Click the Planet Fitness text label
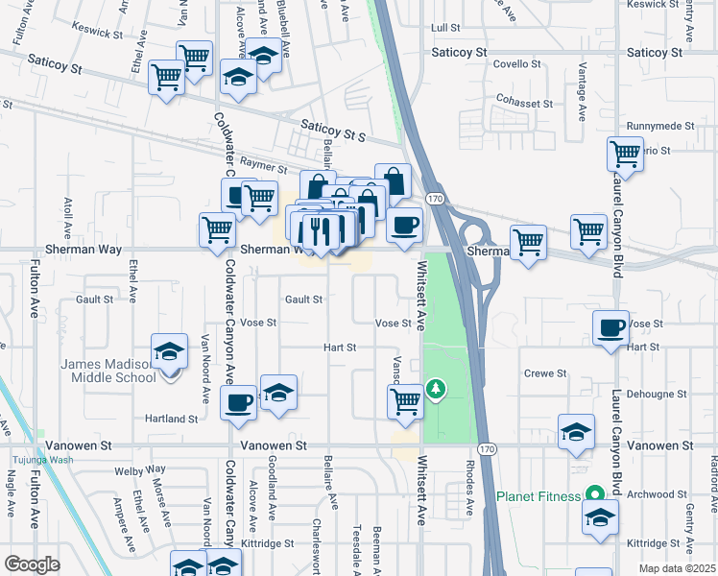tap(538, 496)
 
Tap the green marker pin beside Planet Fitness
tap(594, 495)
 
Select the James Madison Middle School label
tap(108, 371)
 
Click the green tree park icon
tap(437, 388)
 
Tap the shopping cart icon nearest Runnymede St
tap(625, 153)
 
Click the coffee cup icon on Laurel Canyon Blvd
tap(610, 328)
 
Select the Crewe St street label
tap(543, 372)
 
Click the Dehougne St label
tap(657, 394)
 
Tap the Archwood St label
tap(657, 494)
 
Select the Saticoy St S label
tap(333, 132)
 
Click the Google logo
tap(32, 564)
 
